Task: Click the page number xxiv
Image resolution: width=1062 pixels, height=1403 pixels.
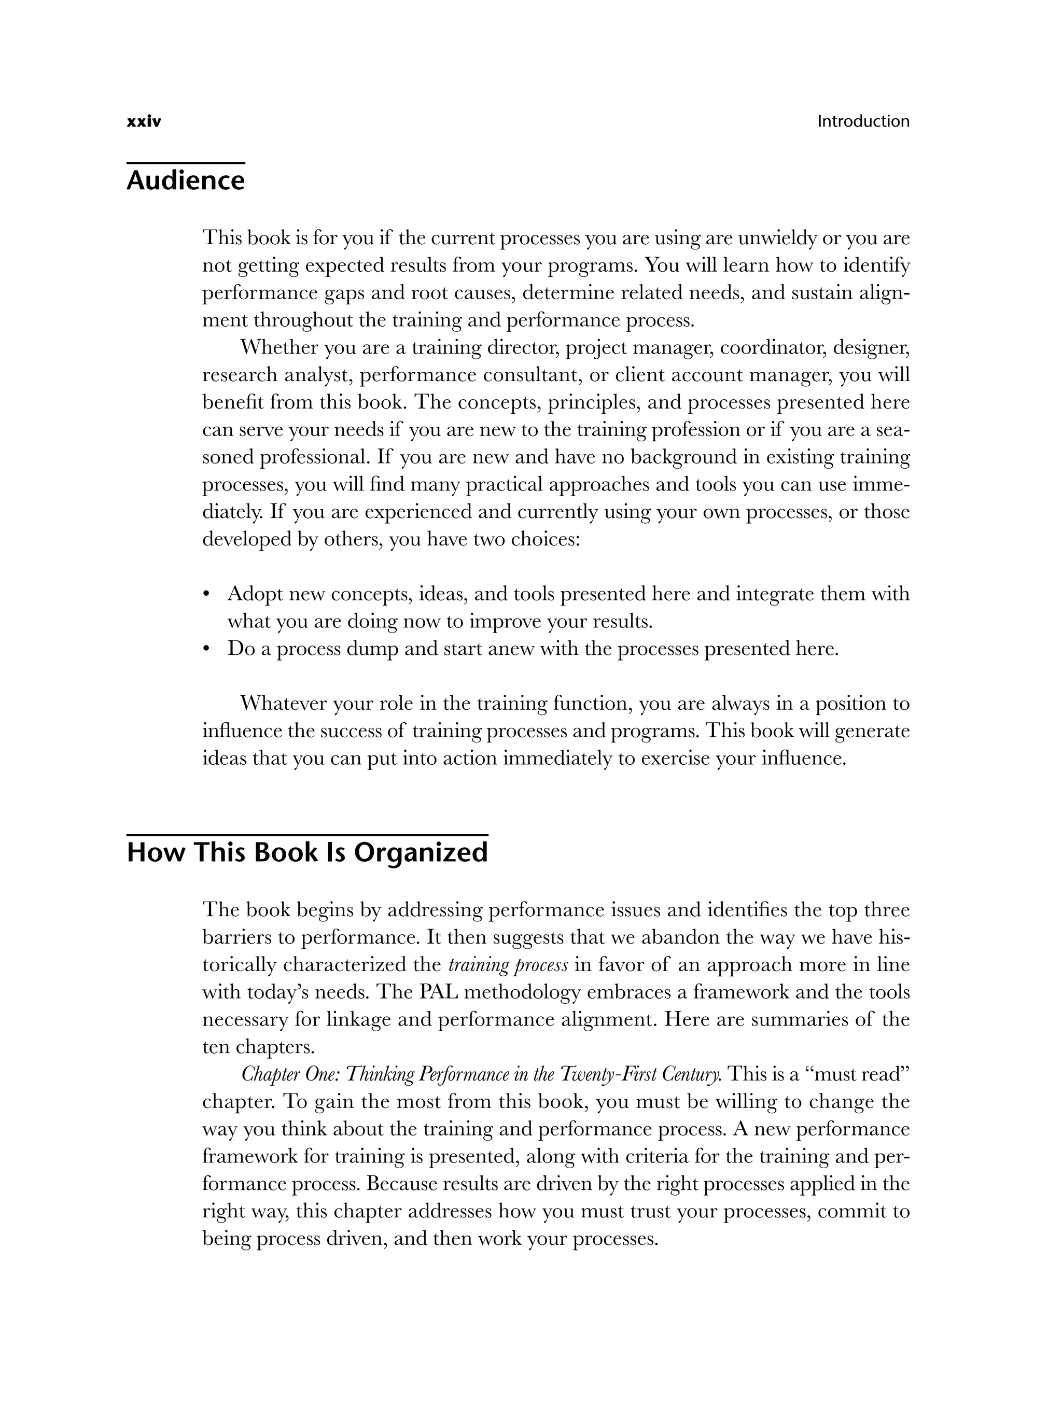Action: coord(144,122)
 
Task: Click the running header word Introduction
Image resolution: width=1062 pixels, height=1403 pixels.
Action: coord(863,121)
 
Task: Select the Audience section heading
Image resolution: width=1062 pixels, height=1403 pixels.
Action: coord(185,181)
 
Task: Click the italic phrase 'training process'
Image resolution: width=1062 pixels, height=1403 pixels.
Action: coord(508,965)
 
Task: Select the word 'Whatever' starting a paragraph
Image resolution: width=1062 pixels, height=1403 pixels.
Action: coord(283,704)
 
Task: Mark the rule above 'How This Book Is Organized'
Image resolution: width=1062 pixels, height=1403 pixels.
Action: coord(307,835)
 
